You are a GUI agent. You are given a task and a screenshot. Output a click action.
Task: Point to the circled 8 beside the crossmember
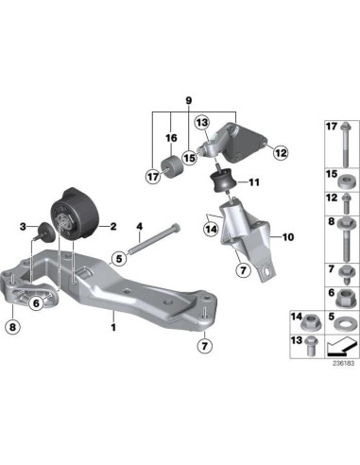(12, 328)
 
